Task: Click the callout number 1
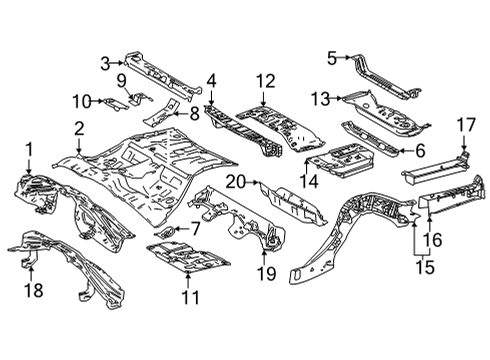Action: point(28,150)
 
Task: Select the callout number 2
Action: point(78,127)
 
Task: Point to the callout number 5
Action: point(332,57)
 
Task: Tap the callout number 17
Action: point(465,125)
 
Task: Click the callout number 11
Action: point(190,297)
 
